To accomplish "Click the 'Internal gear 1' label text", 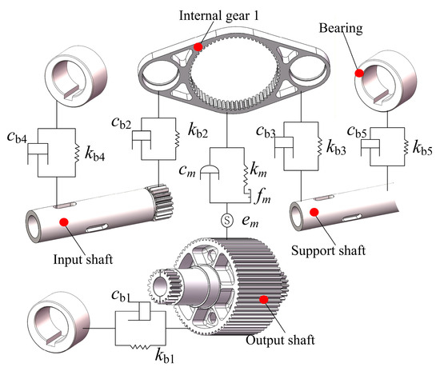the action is click(218, 15).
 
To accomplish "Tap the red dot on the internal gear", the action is click(198, 47).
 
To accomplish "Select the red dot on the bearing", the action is click(359, 73).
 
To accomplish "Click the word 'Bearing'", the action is click(341, 29).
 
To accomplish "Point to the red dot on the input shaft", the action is click(64, 221).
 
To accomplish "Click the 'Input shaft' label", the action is click(83, 259).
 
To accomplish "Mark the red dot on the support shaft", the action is click(314, 212).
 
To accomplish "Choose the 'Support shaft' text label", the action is click(328, 250).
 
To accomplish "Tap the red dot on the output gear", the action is click(264, 299).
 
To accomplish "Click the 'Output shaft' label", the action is click(280, 340).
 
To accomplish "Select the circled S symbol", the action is click(227, 221).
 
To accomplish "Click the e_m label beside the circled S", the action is click(250, 221).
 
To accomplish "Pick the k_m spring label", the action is click(258, 170).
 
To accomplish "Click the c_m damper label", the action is click(187, 170).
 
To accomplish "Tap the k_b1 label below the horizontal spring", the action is click(165, 356).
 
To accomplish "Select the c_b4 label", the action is click(18, 137).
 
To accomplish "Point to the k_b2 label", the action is click(198, 130).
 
